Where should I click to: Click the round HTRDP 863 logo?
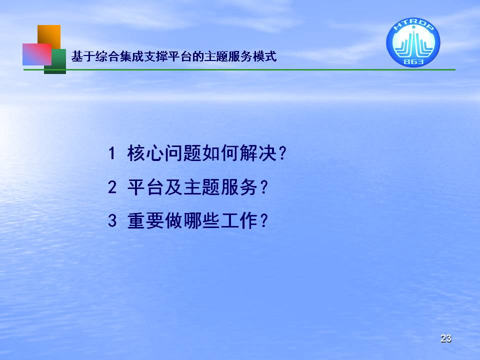pyautogui.click(x=413, y=42)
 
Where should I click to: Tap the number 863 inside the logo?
pyautogui.click(x=413, y=62)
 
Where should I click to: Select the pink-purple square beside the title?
pyautogui.click(x=36, y=54)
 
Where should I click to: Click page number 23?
pyautogui.click(x=445, y=338)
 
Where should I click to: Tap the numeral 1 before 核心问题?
pyautogui.click(x=111, y=153)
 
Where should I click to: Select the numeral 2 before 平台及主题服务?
pyautogui.click(x=112, y=187)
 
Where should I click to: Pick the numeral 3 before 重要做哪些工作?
pyautogui.click(x=112, y=220)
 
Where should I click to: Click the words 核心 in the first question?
pyautogui.click(x=145, y=153)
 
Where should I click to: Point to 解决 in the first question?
pyautogui.click(x=258, y=153)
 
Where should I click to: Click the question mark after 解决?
pyautogui.click(x=282, y=153)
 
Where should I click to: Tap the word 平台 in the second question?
pyautogui.click(x=145, y=187)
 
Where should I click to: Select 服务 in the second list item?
pyautogui.click(x=239, y=187)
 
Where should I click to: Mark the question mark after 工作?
pyautogui.click(x=263, y=220)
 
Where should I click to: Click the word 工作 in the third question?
pyautogui.click(x=239, y=220)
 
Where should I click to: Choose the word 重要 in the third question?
pyautogui.click(x=145, y=220)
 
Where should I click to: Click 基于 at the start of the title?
pyautogui.click(x=83, y=56)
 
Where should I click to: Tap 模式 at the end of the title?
pyautogui.click(x=265, y=56)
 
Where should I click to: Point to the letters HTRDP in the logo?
pyautogui.click(x=413, y=25)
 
